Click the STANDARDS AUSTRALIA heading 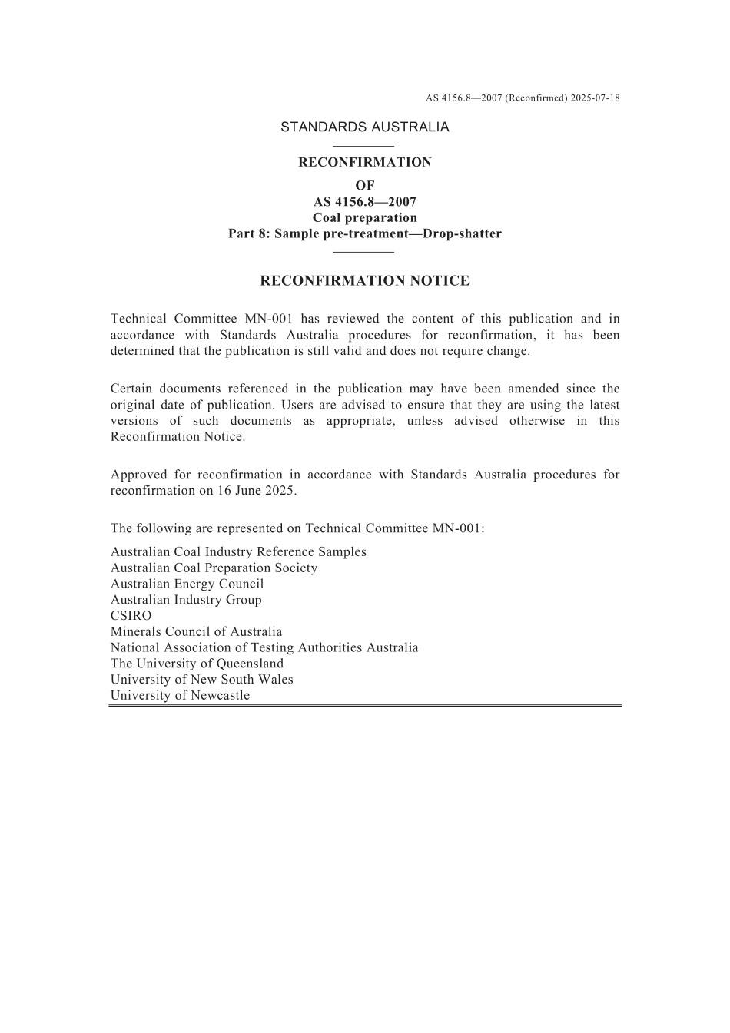click(x=364, y=127)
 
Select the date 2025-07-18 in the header click(x=596, y=98)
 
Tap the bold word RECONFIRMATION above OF click(x=364, y=162)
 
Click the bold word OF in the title click(x=364, y=185)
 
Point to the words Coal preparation click(x=364, y=217)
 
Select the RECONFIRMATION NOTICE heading click(x=364, y=281)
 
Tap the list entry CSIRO click(x=131, y=616)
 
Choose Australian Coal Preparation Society click(x=214, y=568)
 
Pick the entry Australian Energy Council click(x=187, y=584)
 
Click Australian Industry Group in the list click(x=186, y=600)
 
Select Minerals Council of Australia click(x=196, y=632)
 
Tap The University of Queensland click(x=197, y=664)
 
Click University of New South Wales click(x=201, y=680)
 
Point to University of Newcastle click(x=180, y=696)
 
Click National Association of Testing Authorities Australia click(x=264, y=647)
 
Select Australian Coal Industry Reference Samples click(x=238, y=552)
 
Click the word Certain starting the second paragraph click(x=134, y=389)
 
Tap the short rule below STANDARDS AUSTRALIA click(x=364, y=146)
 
